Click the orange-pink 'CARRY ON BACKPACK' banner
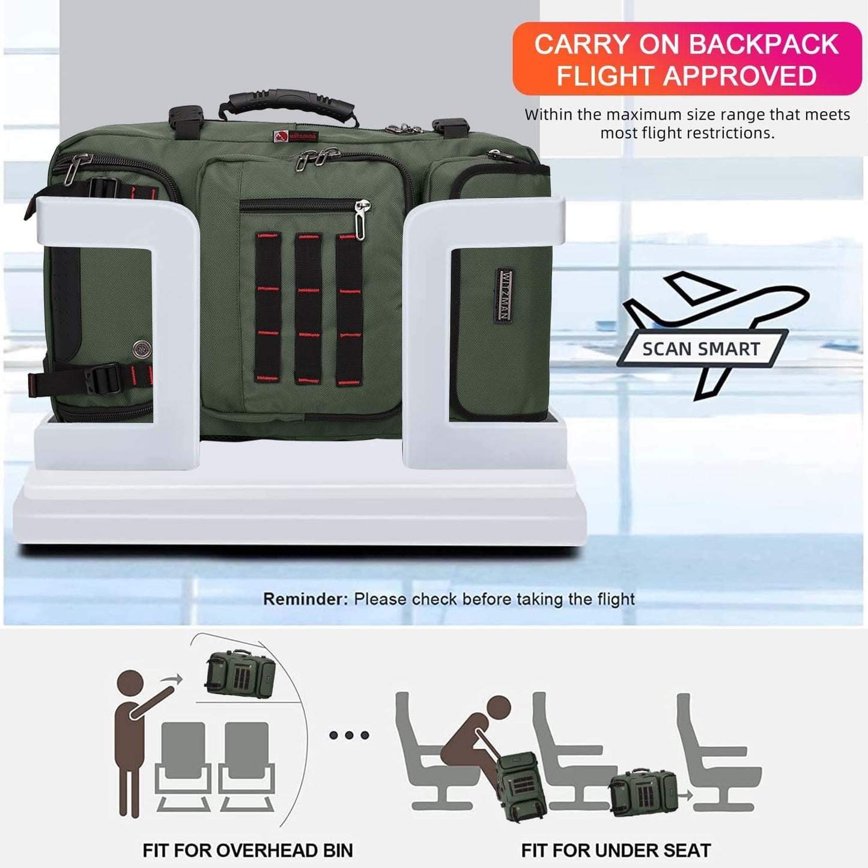tap(687, 59)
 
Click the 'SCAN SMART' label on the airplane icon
tap(701, 349)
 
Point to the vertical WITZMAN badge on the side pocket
tap(505, 296)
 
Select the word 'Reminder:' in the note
tap(305, 599)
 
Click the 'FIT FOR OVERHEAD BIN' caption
tap(247, 851)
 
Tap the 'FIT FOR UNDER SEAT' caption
tap(616, 851)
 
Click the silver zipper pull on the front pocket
tap(361, 221)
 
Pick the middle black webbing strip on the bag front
tap(308, 308)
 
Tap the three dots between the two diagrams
tap(349, 735)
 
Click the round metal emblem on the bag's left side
tap(141, 348)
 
